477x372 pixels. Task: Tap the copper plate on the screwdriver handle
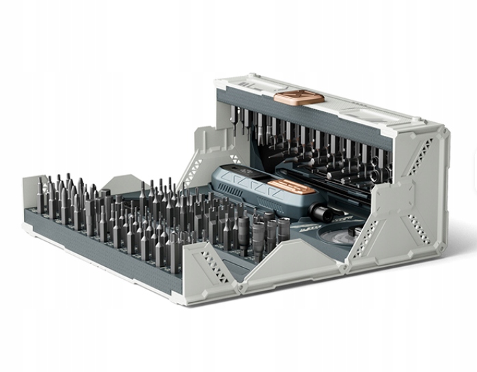tap(291, 188)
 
